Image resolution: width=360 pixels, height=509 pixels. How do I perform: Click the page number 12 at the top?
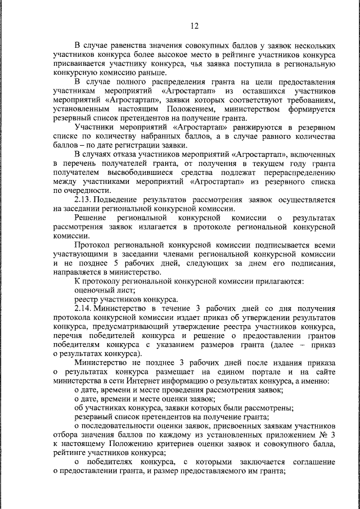194,25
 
